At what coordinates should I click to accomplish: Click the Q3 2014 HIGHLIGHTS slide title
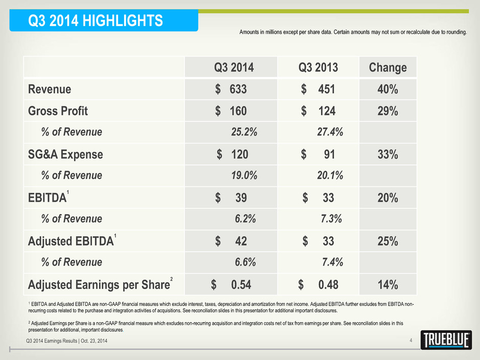click(x=95, y=21)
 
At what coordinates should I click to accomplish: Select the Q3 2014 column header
click(x=234, y=67)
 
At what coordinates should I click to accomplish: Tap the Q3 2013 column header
click(x=318, y=67)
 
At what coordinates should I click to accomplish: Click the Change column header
click(x=388, y=67)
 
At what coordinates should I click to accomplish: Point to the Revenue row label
click(x=50, y=89)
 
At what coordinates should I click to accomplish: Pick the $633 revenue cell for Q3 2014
click(x=231, y=89)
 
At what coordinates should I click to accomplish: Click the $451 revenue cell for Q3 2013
click(x=318, y=89)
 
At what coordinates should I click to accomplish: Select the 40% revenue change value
click(x=388, y=89)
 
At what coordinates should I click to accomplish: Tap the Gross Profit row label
click(x=58, y=111)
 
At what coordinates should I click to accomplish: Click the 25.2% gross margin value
click(x=244, y=132)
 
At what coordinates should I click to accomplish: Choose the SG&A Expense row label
click(x=65, y=154)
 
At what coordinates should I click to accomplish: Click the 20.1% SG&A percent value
click(x=330, y=176)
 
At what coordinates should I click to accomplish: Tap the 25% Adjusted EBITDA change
click(x=388, y=241)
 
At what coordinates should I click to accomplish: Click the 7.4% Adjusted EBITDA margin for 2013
click(x=332, y=262)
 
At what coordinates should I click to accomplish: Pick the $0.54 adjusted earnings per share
click(x=231, y=285)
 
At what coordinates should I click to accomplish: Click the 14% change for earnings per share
click(x=388, y=285)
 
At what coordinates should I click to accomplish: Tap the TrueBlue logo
click(x=446, y=340)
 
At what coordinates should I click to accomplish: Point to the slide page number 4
click(x=411, y=341)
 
